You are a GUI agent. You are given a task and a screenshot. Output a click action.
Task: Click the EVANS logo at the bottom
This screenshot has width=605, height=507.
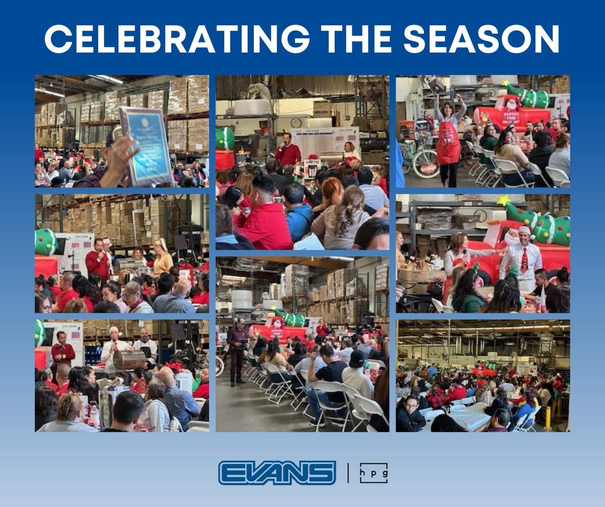point(277,473)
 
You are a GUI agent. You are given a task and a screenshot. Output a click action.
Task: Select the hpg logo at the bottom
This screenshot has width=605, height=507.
point(374,473)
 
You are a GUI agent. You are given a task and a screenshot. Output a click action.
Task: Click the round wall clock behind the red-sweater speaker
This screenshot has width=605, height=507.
point(296,122)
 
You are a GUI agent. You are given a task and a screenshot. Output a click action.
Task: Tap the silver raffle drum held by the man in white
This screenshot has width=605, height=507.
point(130,360)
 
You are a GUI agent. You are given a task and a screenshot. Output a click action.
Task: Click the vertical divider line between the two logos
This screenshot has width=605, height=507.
point(348,473)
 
